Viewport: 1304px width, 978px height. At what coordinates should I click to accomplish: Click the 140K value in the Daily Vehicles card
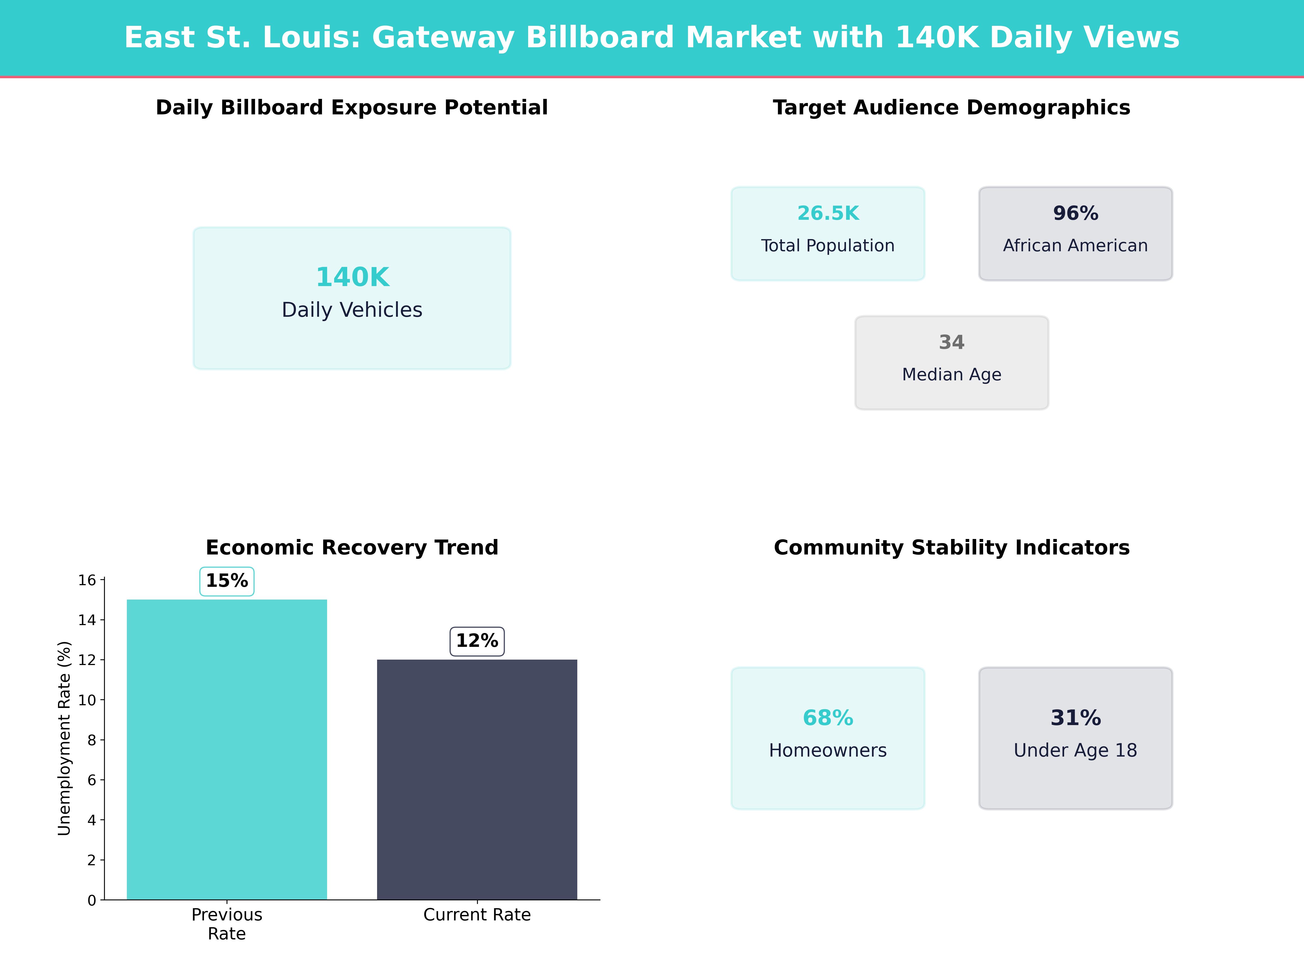pos(353,277)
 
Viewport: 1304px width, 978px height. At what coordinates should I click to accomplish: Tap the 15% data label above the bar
pos(227,581)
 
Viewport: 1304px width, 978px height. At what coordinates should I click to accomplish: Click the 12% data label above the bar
pos(477,641)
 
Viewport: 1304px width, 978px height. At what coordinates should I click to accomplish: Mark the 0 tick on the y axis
pos(91,900)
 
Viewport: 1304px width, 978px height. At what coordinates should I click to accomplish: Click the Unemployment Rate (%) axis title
pos(64,738)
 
